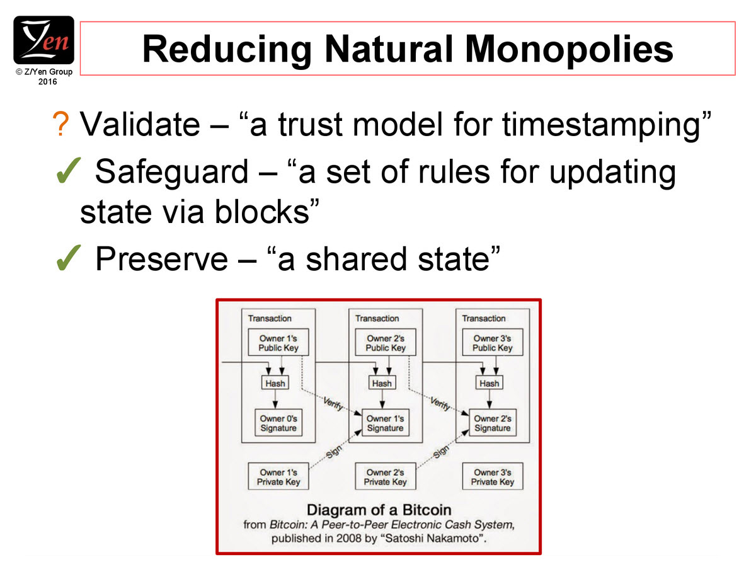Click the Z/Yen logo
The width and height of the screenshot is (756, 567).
click(43, 40)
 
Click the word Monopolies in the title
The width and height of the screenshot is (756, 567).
click(569, 49)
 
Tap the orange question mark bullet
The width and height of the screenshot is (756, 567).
click(60, 124)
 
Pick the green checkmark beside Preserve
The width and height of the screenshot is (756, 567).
click(68, 258)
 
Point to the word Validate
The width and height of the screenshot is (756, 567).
click(140, 124)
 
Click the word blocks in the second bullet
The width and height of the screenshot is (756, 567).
click(262, 212)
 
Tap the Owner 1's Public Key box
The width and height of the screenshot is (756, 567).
click(278, 342)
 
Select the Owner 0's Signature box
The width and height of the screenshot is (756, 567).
click(278, 423)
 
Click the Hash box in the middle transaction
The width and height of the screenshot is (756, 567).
click(382, 383)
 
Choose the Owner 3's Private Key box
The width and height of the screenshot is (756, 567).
click(493, 476)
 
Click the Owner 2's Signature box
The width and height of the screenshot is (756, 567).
click(493, 423)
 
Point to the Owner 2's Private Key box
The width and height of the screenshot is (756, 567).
click(386, 476)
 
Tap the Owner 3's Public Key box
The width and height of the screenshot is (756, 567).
click(493, 342)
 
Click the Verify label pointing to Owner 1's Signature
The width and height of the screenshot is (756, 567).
click(333, 403)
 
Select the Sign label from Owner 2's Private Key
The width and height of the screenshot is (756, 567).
click(441, 452)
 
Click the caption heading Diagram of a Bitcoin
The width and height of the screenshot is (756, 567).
click(379, 510)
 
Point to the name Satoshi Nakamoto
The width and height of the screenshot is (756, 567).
click(432, 538)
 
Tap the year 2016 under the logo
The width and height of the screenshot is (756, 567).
click(47, 82)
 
